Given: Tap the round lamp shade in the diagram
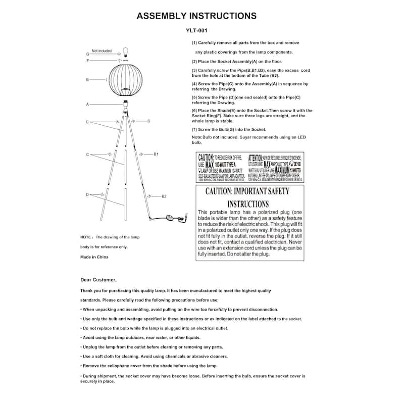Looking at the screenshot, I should tap(124, 80).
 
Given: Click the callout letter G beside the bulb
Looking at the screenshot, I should tap(87, 53).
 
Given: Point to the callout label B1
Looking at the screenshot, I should tap(157, 154).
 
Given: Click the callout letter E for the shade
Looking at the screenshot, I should tap(87, 80).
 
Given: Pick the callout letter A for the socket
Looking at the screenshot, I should tap(87, 105).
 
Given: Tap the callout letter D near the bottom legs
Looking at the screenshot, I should tap(87, 194).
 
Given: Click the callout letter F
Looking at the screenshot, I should tap(87, 61).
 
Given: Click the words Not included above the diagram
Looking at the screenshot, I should tap(102, 51).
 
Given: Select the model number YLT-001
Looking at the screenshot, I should tap(196, 30).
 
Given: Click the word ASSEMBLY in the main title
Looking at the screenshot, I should tap(162, 16).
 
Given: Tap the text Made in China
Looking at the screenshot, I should tap(94, 257).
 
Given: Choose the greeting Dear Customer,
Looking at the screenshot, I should tap(98, 279).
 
